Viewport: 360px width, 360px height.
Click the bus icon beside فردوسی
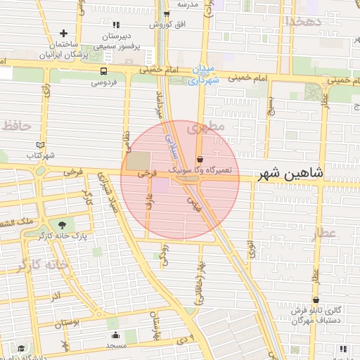pyautogui.click(x=104, y=71)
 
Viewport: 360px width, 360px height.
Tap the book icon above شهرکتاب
pyautogui.click(x=40, y=145)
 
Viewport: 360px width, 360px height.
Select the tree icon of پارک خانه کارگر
pyautogui.click(x=63, y=225)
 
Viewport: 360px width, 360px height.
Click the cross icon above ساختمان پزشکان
pyautogui.click(x=64, y=33)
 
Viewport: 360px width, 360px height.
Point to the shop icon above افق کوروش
pyautogui.click(x=167, y=13)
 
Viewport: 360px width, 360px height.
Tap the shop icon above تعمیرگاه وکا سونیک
pyautogui.click(x=200, y=160)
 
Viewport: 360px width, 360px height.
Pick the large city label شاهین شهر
pyautogui.click(x=293, y=172)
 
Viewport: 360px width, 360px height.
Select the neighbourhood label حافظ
pyautogui.click(x=17, y=126)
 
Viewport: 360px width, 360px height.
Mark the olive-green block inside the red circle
pyautogui.click(x=138, y=160)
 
